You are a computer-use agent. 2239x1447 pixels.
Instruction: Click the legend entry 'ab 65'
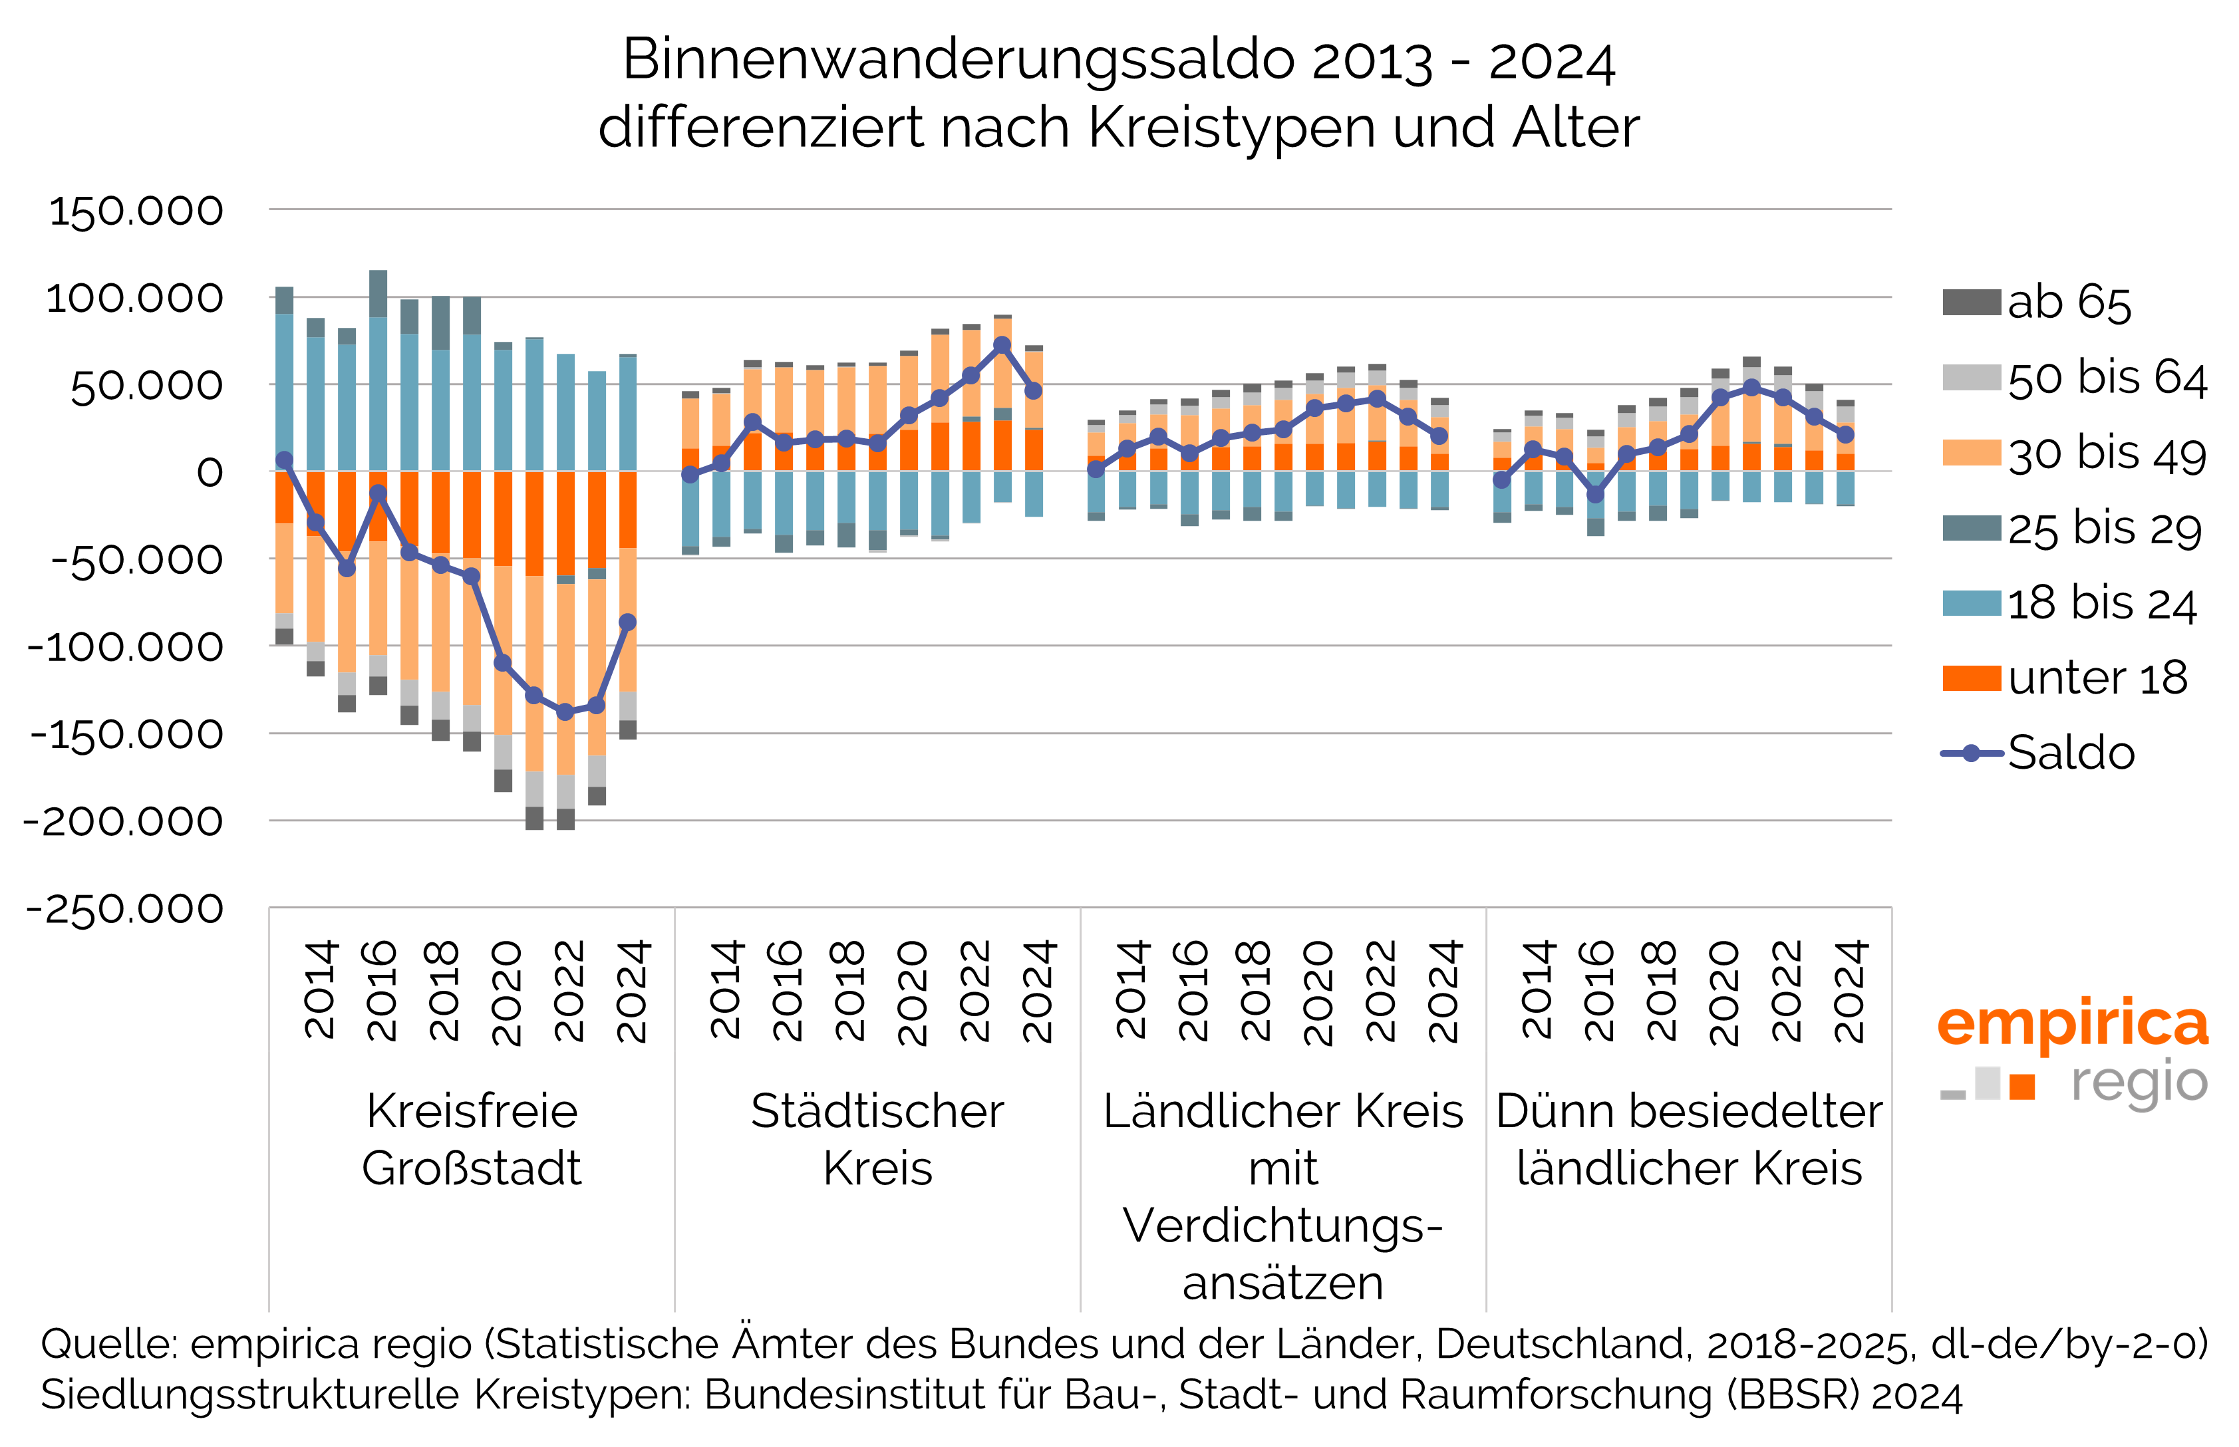click(x=2068, y=303)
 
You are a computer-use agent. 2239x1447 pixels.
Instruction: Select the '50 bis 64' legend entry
click(x=2105, y=378)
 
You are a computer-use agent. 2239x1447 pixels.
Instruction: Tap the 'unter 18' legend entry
click(x=2096, y=678)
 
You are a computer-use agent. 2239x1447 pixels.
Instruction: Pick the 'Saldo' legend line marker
click(x=1971, y=753)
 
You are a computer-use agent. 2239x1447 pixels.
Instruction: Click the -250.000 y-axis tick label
click(x=125, y=910)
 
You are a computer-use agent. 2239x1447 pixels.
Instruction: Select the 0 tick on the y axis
click(x=210, y=473)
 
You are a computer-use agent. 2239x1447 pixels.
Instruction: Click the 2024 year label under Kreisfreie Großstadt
click(x=633, y=991)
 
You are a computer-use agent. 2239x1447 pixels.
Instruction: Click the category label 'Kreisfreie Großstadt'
click(x=472, y=1139)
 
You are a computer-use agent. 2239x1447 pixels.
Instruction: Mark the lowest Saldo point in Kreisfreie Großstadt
click(x=565, y=712)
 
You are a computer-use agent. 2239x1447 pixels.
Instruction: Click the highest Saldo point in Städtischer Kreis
click(x=1002, y=345)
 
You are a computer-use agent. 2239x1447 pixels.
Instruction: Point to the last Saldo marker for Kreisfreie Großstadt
click(x=628, y=622)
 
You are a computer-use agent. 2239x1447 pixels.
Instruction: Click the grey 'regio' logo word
click(x=2139, y=1083)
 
